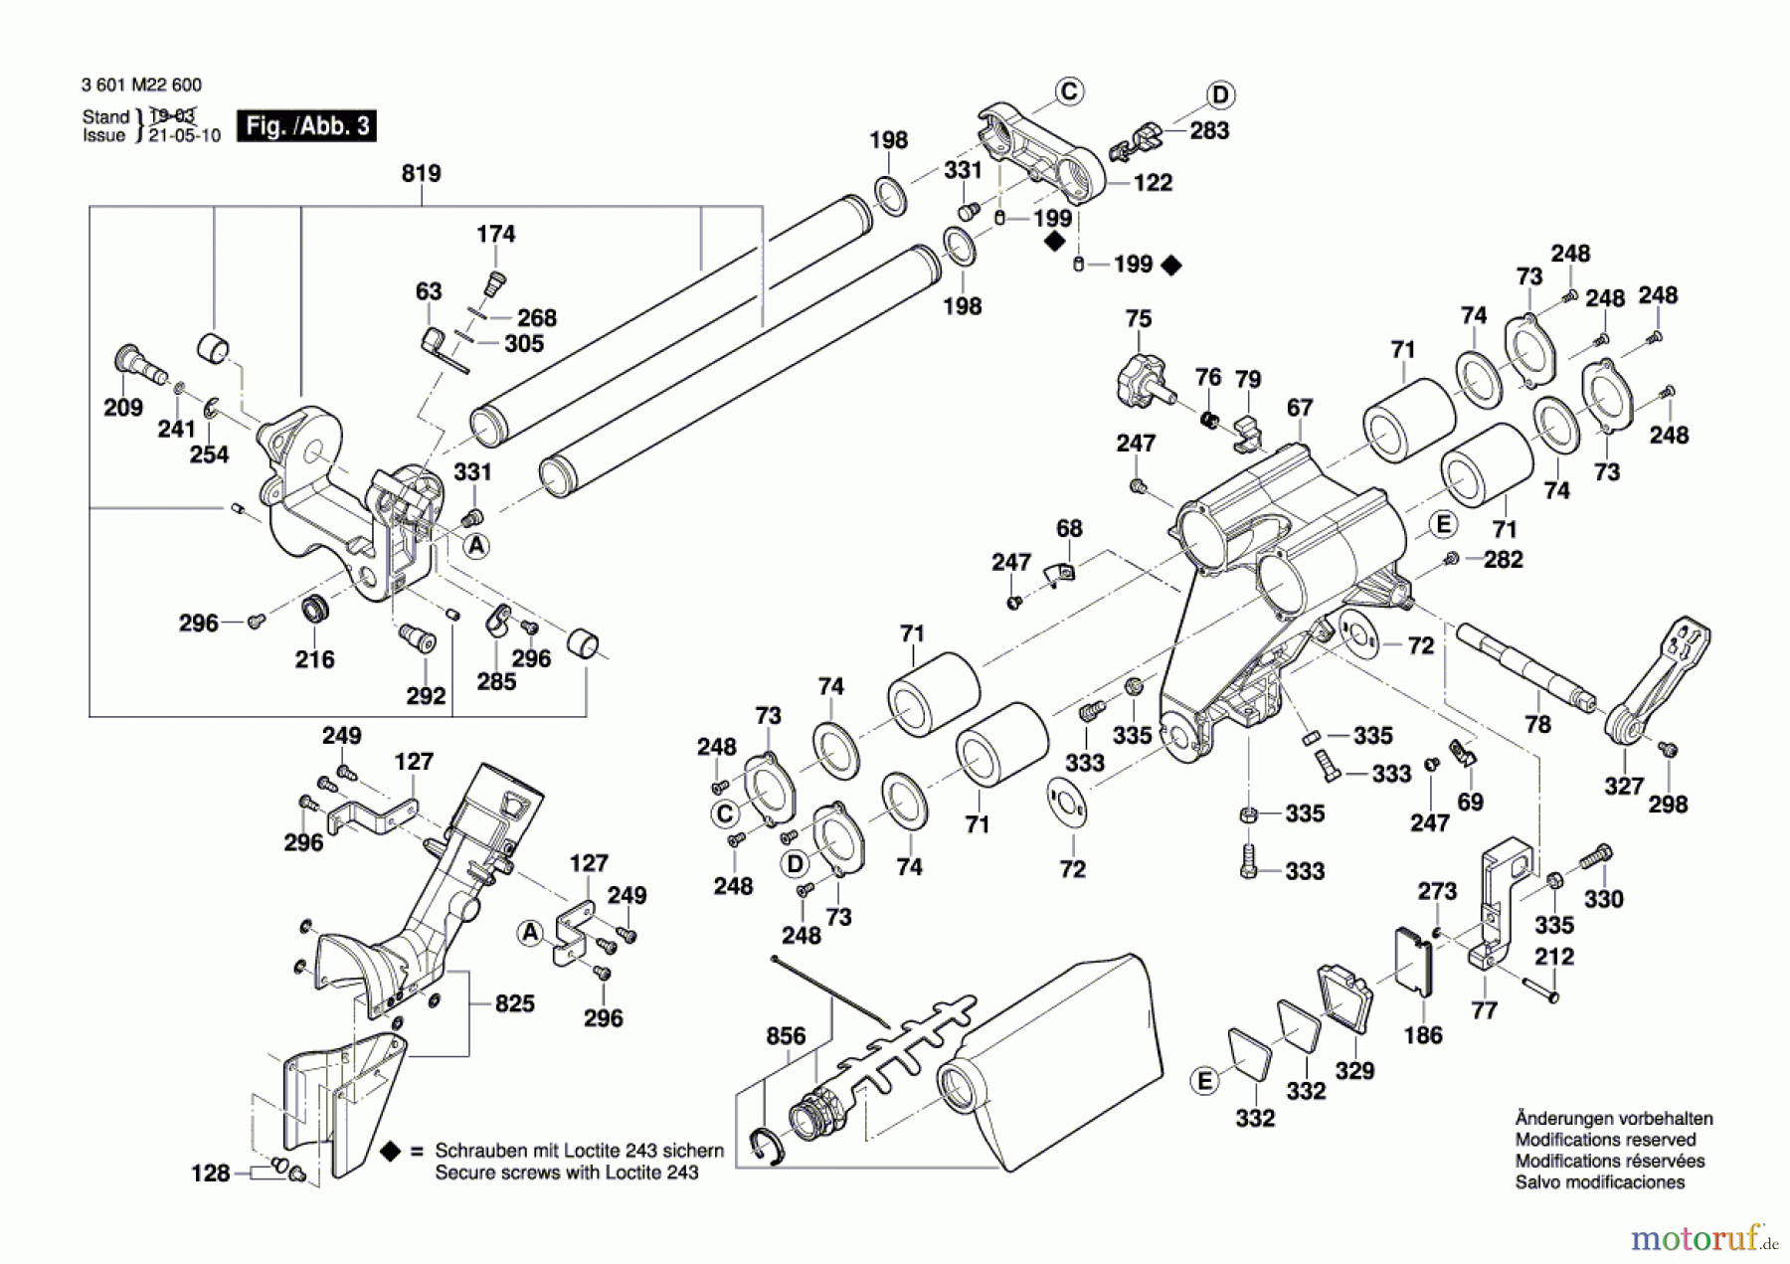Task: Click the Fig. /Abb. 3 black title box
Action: coord(306,125)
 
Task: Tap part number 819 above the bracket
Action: coord(421,173)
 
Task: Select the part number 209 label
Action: coord(123,407)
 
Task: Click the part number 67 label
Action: coord(1300,408)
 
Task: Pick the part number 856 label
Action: coord(786,1036)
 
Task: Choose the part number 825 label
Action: coord(515,1003)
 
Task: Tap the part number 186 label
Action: coord(1423,1035)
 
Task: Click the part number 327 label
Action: coord(1624,787)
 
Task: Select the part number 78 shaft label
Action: coord(1537,724)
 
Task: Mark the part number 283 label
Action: coord(1209,130)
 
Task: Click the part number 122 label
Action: coord(1153,183)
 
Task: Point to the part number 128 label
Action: coord(211,1174)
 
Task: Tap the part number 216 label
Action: coord(314,659)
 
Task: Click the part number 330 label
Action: coord(1603,899)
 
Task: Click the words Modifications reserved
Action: coord(1605,1140)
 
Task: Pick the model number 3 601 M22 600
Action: coord(141,86)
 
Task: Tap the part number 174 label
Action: coord(495,234)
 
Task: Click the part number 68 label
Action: coord(1069,528)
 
